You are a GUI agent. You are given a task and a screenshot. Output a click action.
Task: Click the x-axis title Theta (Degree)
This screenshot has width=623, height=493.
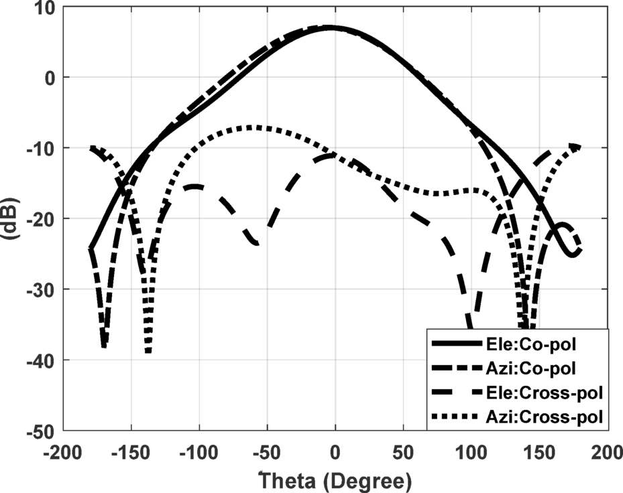335,480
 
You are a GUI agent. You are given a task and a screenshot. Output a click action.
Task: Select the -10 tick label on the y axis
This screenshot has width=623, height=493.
39,148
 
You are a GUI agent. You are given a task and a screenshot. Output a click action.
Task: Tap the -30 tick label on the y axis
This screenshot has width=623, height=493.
39,289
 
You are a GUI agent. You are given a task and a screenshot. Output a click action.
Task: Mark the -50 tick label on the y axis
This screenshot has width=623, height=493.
39,431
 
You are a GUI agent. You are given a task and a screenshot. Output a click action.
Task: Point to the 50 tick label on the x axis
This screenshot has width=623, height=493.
403,451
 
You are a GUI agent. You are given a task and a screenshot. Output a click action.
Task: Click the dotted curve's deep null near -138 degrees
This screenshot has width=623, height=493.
148,350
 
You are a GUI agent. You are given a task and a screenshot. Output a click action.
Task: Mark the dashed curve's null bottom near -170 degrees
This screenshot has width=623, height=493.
104,345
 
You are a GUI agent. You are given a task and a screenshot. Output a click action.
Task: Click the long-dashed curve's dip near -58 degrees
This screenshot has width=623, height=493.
256,244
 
